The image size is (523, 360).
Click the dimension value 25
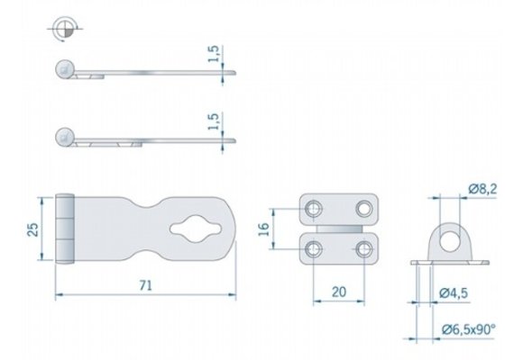pos(32,229)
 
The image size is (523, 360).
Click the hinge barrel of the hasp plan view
pos(65,229)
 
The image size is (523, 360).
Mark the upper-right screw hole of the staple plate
pos(365,208)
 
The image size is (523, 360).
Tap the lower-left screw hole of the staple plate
pos(315,249)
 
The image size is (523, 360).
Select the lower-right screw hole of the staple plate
pos(365,249)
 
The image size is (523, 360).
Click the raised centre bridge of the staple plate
pos(340,229)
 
